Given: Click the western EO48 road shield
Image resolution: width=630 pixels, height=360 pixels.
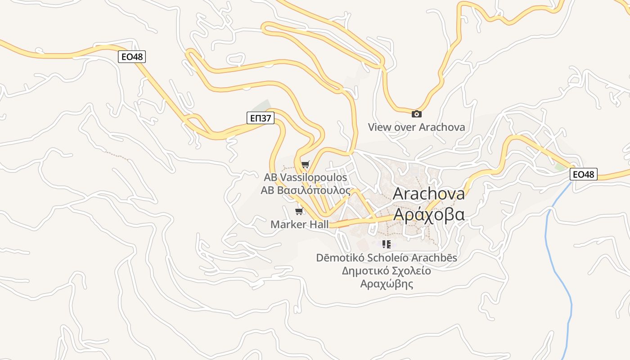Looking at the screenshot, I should pyautogui.click(x=132, y=57).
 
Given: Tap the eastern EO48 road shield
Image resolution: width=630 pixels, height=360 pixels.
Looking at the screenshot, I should pyautogui.click(x=584, y=174).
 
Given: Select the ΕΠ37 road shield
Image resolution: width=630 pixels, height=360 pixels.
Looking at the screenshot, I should pyautogui.click(x=261, y=118).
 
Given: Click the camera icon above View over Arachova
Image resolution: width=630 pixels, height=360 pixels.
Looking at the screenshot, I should pyautogui.click(x=417, y=114).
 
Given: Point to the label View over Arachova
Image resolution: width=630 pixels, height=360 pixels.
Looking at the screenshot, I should pyautogui.click(x=416, y=127).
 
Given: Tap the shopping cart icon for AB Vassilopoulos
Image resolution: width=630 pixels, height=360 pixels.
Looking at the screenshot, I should pyautogui.click(x=306, y=165).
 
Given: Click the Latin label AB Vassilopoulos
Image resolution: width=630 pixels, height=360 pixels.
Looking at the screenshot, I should pyautogui.click(x=306, y=177).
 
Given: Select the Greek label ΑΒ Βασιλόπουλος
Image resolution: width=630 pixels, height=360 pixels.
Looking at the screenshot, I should pyautogui.click(x=306, y=190).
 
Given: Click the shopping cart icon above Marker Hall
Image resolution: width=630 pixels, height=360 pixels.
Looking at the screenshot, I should pyautogui.click(x=299, y=211).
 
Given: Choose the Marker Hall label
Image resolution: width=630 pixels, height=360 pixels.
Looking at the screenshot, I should pyautogui.click(x=299, y=224).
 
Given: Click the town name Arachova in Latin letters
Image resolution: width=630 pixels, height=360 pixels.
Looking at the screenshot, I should pyautogui.click(x=429, y=193).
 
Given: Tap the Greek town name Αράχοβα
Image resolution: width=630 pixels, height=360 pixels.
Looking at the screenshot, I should pyautogui.click(x=429, y=215).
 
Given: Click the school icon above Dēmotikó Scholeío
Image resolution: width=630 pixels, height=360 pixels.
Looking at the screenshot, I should pyautogui.click(x=386, y=244).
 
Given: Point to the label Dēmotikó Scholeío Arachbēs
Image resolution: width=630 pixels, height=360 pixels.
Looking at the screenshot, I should pyautogui.click(x=386, y=258).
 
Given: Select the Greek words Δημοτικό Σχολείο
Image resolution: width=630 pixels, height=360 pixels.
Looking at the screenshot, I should pyautogui.click(x=386, y=271).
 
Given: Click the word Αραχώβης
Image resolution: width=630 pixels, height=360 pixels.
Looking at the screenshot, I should pyautogui.click(x=386, y=284).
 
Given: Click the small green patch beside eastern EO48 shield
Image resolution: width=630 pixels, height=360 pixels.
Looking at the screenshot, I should pyautogui.click(x=560, y=167).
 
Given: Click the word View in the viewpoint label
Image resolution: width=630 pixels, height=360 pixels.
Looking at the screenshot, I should pyautogui.click(x=379, y=127).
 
